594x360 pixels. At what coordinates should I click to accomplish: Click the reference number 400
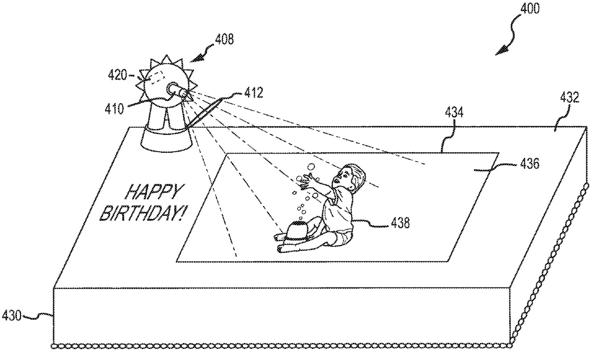529,9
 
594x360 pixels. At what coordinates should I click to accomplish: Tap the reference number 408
224,39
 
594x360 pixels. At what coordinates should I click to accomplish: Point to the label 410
114,109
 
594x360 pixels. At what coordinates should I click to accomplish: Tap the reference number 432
569,98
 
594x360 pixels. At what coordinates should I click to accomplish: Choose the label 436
529,164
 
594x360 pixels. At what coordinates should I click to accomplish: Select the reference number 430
12,316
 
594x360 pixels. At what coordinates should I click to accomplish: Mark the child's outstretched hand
307,182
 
